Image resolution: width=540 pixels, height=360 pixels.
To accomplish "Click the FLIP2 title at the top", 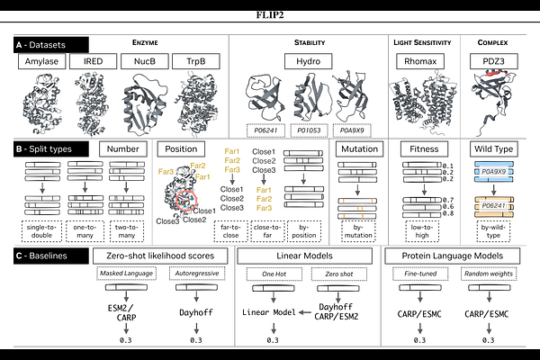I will click(x=269, y=15).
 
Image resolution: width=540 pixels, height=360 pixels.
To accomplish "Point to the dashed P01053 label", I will click(x=309, y=129).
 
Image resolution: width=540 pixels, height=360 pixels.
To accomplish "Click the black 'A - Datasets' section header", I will click(x=51, y=43).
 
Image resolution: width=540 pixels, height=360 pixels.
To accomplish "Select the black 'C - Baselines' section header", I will click(x=51, y=256).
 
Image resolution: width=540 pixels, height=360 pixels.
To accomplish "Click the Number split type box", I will click(x=122, y=148).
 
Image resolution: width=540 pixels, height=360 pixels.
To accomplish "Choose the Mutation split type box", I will click(x=359, y=148).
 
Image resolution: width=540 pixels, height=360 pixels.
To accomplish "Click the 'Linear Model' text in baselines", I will click(x=270, y=311).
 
